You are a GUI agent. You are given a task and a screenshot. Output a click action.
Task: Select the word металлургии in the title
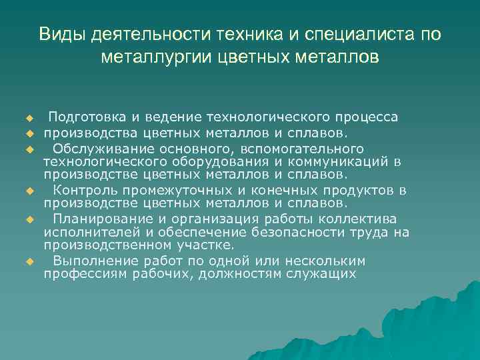(x=158, y=57)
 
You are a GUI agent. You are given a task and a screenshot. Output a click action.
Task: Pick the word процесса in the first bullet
(x=367, y=118)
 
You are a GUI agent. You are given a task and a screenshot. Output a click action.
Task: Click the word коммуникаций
(x=339, y=162)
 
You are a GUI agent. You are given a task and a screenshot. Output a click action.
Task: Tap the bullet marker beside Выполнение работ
(x=29, y=261)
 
